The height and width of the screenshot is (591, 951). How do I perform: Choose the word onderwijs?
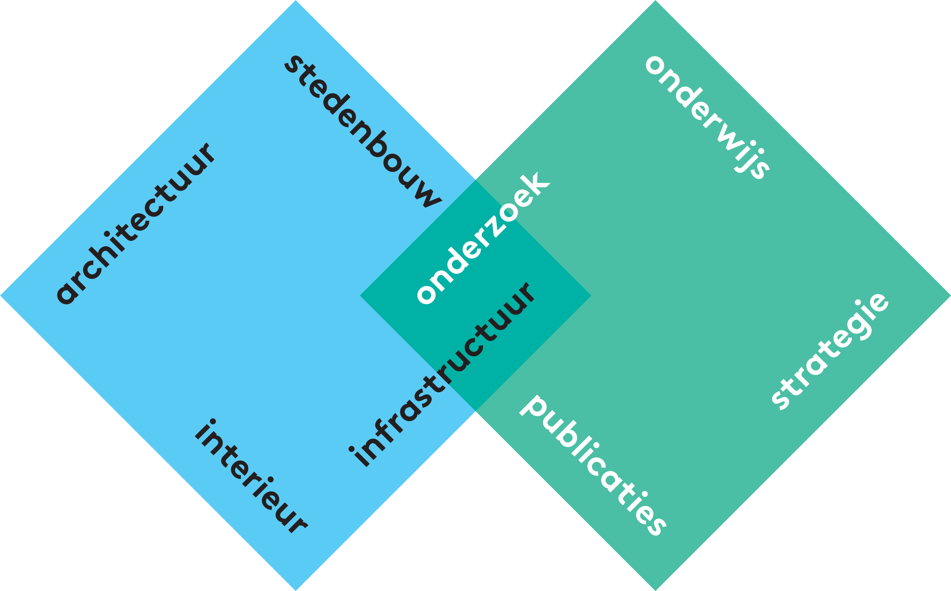click(x=708, y=117)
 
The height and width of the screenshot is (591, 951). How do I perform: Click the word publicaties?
click(x=593, y=465)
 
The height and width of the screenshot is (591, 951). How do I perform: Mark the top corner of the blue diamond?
click(x=296, y=1)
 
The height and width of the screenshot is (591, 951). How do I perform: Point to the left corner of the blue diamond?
click(x=1, y=295)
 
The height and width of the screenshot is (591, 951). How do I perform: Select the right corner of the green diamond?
click(x=950, y=295)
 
